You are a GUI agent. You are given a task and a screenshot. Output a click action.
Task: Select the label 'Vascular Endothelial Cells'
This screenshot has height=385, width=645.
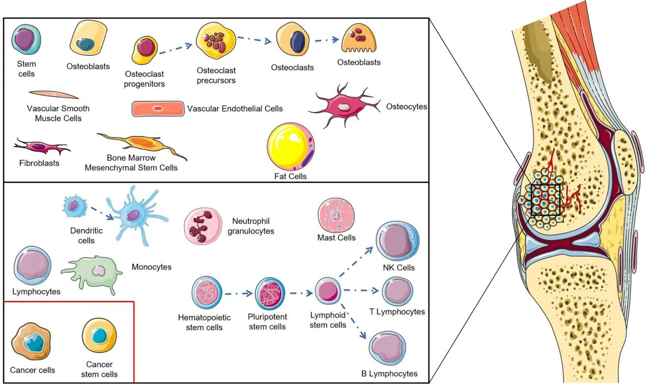point(235,108)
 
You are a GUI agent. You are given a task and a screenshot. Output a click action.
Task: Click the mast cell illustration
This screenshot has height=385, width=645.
point(336,216)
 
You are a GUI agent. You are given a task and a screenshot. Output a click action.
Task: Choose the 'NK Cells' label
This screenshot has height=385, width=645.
point(399,268)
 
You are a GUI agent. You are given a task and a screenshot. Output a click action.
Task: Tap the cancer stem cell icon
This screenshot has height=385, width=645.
point(99,336)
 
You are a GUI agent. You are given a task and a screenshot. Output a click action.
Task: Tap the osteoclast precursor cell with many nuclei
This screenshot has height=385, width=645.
point(216,43)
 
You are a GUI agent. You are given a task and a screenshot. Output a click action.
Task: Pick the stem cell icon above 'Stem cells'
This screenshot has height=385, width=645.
point(26,39)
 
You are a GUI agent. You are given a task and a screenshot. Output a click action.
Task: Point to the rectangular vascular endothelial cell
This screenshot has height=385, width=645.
point(158,109)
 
